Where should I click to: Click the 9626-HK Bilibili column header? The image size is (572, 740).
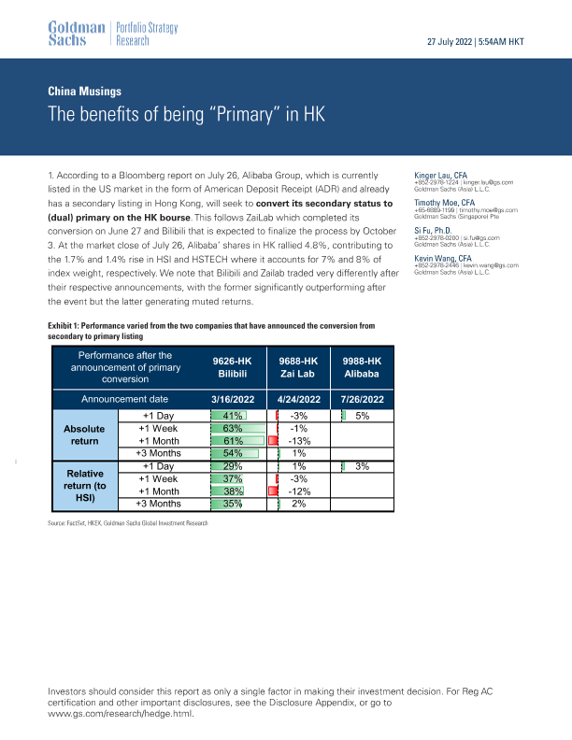[x=233, y=365]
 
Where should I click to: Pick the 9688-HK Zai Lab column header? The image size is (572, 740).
[x=300, y=365]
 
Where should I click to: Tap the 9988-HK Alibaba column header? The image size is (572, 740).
[x=362, y=365]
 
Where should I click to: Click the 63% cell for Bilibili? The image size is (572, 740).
[x=233, y=429]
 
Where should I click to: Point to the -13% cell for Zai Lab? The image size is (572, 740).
[x=300, y=441]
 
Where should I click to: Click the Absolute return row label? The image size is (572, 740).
[x=83, y=434]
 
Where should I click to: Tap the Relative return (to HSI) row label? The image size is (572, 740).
[x=83, y=485]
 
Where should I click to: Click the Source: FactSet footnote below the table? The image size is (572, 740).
[x=127, y=521]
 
